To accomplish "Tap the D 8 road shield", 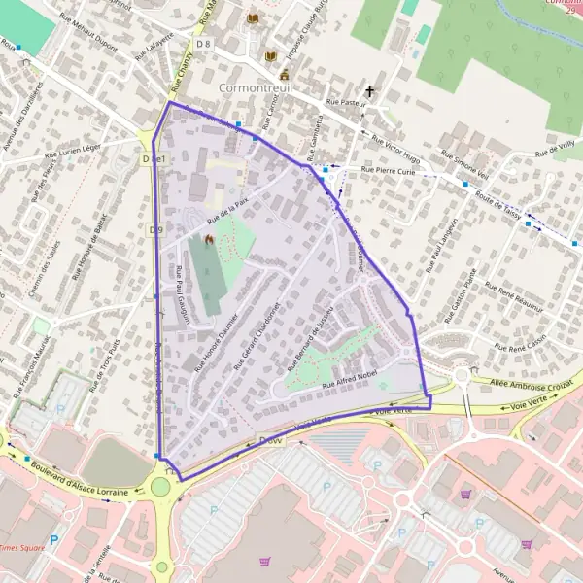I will tap(203, 44).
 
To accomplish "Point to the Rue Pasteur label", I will tap(348, 100).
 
